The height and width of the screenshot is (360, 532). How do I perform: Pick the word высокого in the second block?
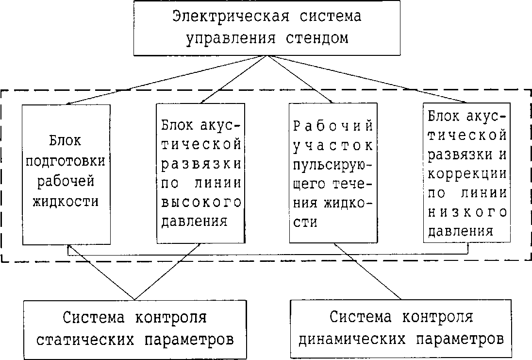[200, 202]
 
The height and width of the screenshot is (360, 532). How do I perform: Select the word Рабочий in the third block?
[333, 126]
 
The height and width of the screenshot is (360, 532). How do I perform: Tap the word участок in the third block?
[333, 145]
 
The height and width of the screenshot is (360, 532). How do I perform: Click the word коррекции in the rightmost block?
[467, 173]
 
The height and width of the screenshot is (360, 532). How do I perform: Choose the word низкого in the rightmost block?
[467, 212]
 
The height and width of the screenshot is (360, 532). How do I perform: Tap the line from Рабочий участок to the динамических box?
[369, 271]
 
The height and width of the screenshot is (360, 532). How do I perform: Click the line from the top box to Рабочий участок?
[299, 79]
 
